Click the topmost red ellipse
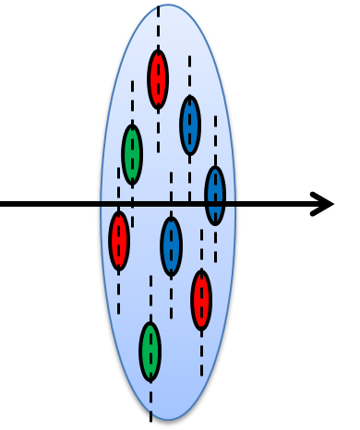click(x=158, y=78)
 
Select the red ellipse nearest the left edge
click(x=119, y=240)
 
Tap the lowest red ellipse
click(x=201, y=300)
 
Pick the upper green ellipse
click(x=132, y=153)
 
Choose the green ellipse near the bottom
click(x=150, y=351)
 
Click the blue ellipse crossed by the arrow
click(x=215, y=195)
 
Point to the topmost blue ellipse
click(x=190, y=125)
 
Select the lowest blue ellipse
click(x=171, y=245)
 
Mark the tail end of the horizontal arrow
click(x=4, y=204)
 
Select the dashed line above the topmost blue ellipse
click(x=190, y=74)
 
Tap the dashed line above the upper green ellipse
click(x=132, y=102)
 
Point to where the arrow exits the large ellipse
click(x=239, y=204)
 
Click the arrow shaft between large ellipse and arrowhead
click(x=277, y=204)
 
